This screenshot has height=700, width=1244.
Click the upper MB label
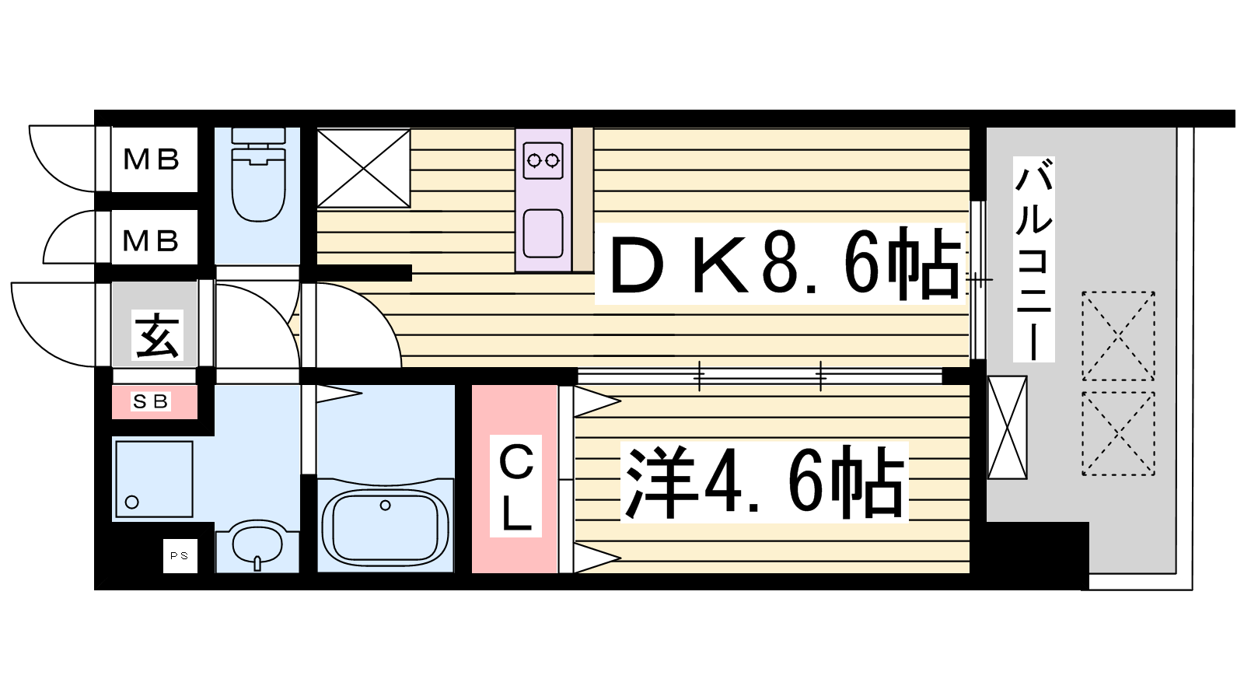(151, 159)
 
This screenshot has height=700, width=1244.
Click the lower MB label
(151, 240)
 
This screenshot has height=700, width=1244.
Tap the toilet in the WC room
(257, 175)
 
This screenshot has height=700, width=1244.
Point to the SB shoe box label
(151, 401)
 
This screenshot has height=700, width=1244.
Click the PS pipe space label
(180, 555)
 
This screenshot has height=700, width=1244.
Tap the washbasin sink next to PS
(257, 544)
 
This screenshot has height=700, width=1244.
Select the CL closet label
(515, 485)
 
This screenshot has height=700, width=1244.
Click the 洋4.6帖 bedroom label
(764, 482)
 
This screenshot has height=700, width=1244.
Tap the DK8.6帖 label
(781, 264)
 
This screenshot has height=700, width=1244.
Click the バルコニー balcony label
(1033, 260)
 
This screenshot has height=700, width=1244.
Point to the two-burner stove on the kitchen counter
(543, 160)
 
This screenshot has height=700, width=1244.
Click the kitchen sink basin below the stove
(543, 233)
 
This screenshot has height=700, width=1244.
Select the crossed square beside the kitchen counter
(364, 168)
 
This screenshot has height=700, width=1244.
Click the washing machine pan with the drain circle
(154, 479)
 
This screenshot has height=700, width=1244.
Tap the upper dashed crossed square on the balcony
(1119, 336)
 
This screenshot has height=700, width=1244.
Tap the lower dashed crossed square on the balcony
(1119, 433)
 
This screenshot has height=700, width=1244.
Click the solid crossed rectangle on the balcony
(1007, 427)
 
